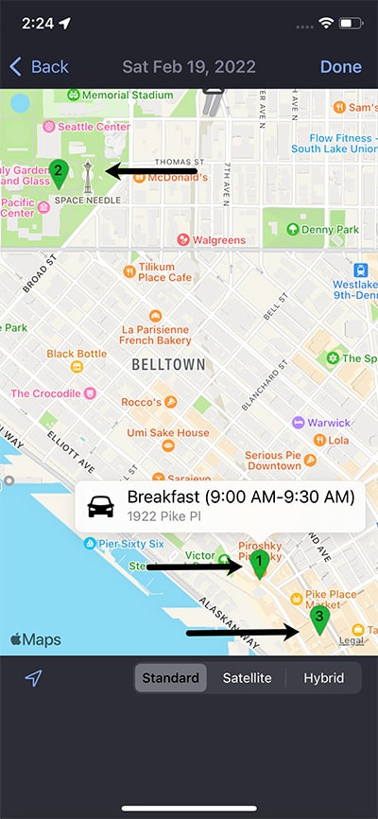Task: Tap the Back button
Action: pos(39,66)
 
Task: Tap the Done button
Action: pos(340,66)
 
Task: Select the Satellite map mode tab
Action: pos(247,678)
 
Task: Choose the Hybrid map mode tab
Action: pos(324,678)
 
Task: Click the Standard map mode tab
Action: pos(170,678)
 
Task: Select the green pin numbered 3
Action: pos(319,619)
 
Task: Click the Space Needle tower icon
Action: pos(88,176)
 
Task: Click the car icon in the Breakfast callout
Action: pos(101,506)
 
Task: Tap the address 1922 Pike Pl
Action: pos(166,515)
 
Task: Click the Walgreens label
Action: pos(219,240)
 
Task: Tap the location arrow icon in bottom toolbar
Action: pos(34,678)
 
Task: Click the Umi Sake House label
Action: pos(168,433)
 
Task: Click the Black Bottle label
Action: pos(77,354)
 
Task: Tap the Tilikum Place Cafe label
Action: pos(165,271)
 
